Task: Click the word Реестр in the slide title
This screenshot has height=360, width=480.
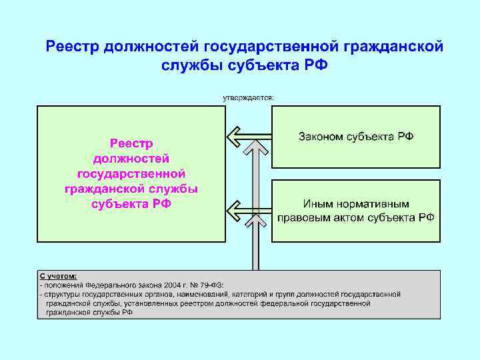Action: pyautogui.click(x=69, y=47)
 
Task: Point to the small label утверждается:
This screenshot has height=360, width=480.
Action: pyautogui.click(x=248, y=97)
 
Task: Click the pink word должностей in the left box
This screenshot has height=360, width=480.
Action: pyautogui.click(x=131, y=159)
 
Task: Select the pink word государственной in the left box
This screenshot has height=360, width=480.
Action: pyautogui.click(x=131, y=173)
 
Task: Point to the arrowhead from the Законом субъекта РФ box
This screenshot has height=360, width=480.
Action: pyautogui.click(x=233, y=137)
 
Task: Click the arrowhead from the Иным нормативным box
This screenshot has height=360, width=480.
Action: pyautogui.click(x=233, y=212)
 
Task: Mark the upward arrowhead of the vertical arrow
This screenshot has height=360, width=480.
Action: pyautogui.click(x=253, y=147)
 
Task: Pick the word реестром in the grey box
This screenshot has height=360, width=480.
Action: pyautogui.click(x=205, y=303)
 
